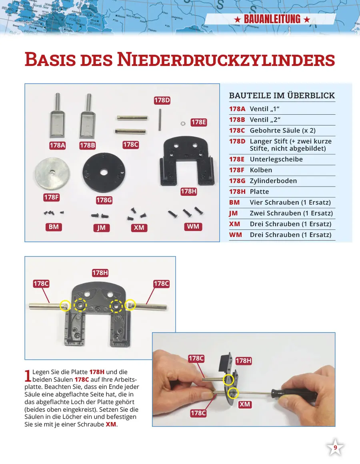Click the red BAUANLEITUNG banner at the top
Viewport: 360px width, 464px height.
[272, 19]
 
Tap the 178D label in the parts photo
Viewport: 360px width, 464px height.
[162, 101]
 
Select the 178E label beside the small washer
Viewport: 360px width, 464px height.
[198, 122]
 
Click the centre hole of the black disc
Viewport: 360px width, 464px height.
[104, 172]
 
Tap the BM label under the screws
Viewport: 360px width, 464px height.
[54, 227]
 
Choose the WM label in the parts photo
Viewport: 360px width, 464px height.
[193, 227]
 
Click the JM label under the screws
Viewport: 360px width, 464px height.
[101, 228]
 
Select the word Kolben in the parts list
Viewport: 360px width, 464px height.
[261, 170]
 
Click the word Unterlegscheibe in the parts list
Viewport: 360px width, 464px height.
[276, 159]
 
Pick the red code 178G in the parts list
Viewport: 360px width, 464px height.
[237, 181]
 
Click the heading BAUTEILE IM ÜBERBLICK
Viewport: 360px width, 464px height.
[282, 96]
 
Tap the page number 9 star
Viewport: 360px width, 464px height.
[335, 448]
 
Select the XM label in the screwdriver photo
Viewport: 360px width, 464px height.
[245, 404]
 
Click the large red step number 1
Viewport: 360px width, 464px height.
[28, 375]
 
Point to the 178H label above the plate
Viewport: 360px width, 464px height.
[100, 273]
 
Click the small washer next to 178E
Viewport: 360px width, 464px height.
[182, 123]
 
